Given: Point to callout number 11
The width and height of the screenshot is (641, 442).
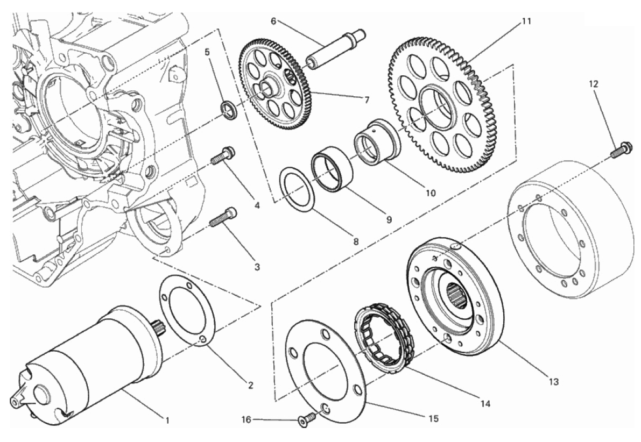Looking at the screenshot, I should click(x=526, y=22).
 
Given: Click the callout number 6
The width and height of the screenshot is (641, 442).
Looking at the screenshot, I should click(x=273, y=21).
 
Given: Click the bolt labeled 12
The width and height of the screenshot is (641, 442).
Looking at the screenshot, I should click(x=621, y=149).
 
